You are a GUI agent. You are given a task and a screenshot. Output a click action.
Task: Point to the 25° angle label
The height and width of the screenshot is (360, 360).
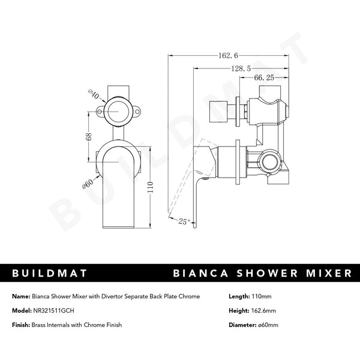(184, 221)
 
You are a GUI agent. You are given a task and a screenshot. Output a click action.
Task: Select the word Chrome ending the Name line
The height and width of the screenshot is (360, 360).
(188, 296)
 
